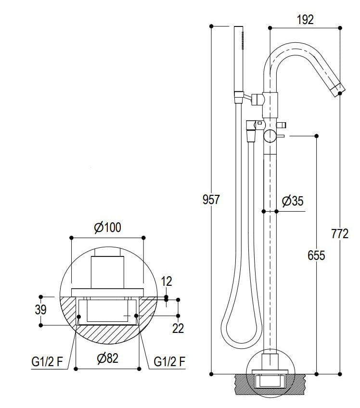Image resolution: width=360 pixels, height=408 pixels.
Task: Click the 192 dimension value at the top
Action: pyautogui.click(x=305, y=19)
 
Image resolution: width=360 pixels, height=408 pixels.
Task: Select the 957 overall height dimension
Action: pyautogui.click(x=210, y=199)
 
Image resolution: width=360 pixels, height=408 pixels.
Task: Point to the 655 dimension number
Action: pyautogui.click(x=316, y=255)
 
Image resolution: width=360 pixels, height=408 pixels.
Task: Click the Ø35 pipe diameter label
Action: pyautogui.click(x=293, y=201)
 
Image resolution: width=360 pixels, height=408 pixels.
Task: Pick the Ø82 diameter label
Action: pyautogui.click(x=107, y=358)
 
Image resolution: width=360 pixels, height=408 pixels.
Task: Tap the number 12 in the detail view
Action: pyautogui.click(x=166, y=281)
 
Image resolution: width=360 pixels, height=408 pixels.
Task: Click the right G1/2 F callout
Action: pyautogui.click(x=169, y=362)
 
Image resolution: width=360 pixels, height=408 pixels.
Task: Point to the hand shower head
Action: pyautogui.click(x=239, y=58)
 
